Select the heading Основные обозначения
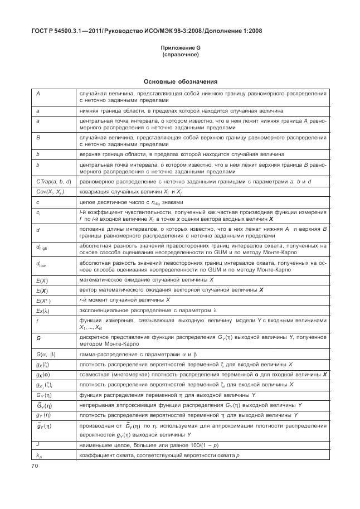pyautogui.click(x=179, y=81)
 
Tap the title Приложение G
pyautogui.click(x=180, y=49)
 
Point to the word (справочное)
pyautogui.click(x=180, y=55)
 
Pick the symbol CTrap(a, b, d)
pyautogui.click(x=53, y=182)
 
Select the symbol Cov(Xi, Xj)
pyautogui.click(x=50, y=192)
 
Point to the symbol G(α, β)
pyautogui.click(x=46, y=355)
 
